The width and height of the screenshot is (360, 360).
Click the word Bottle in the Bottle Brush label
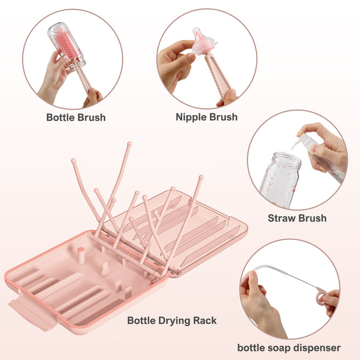61,118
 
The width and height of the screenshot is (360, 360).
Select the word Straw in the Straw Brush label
281,218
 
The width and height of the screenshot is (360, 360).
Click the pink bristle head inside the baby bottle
66,44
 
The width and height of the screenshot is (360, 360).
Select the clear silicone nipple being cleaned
203,42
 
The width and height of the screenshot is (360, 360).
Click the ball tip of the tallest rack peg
130,144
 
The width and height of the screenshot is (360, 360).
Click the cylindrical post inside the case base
80,255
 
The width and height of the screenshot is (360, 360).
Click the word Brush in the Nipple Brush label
223,118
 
